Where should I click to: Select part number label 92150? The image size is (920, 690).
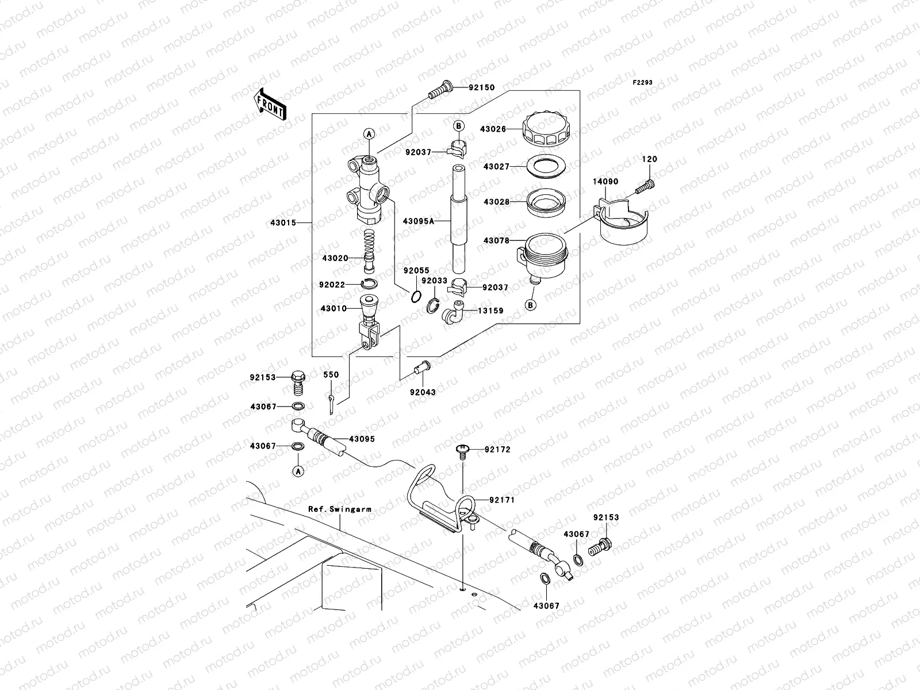[x=481, y=88]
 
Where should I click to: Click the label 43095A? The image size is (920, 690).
[x=418, y=221]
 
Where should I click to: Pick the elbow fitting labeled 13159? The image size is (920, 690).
[x=453, y=312]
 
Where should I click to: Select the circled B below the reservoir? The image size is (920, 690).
[x=531, y=305]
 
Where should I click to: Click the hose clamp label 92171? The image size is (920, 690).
[x=501, y=500]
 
